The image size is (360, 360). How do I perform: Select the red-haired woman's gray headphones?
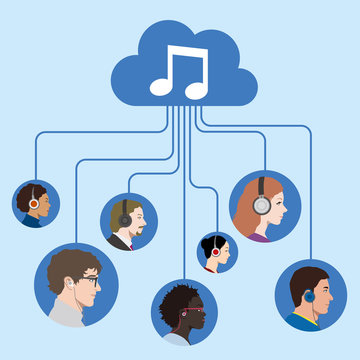(261, 201)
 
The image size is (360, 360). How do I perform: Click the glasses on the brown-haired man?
(87, 281)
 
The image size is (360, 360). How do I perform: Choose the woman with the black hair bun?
(218, 254)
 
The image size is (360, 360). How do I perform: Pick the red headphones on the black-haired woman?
(213, 253)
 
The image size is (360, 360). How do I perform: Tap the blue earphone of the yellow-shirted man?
(308, 296)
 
